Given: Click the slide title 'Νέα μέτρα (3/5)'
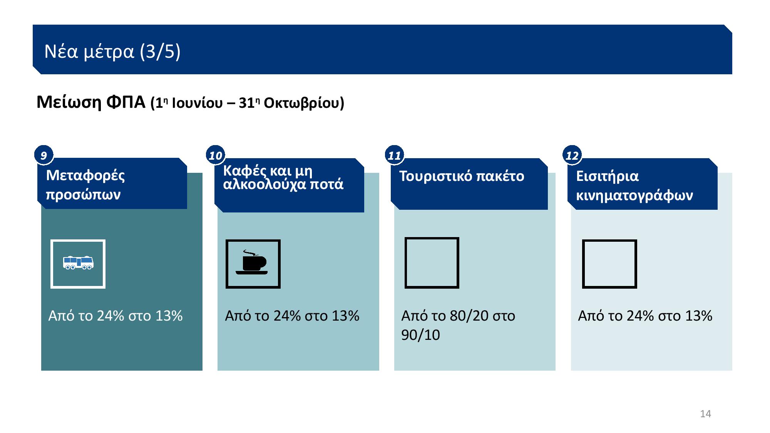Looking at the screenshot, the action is click(112, 51).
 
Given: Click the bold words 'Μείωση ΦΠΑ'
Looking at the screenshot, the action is click(91, 102).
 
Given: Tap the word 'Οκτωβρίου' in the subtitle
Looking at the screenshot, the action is click(304, 103).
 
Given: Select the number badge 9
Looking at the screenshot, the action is click(44, 155).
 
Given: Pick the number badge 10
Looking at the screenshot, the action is click(216, 155).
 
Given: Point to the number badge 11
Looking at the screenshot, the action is click(394, 155).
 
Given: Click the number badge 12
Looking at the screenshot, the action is click(572, 155).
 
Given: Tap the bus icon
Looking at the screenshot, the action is click(78, 262).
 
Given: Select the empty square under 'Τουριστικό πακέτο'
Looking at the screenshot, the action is click(405, 263).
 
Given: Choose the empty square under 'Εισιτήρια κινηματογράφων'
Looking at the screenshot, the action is click(583, 264).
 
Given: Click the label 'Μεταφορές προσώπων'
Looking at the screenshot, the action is click(85, 185).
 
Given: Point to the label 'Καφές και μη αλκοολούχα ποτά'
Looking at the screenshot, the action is click(283, 177).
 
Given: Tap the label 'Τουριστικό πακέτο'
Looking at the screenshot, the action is click(462, 176).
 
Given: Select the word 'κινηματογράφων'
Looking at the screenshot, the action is click(634, 195).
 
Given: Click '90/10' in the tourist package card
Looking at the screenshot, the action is click(420, 335).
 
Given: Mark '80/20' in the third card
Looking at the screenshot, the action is click(469, 316).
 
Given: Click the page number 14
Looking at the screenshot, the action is click(705, 414).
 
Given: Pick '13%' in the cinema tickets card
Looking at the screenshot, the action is click(698, 316).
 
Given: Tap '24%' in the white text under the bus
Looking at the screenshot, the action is click(110, 316).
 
